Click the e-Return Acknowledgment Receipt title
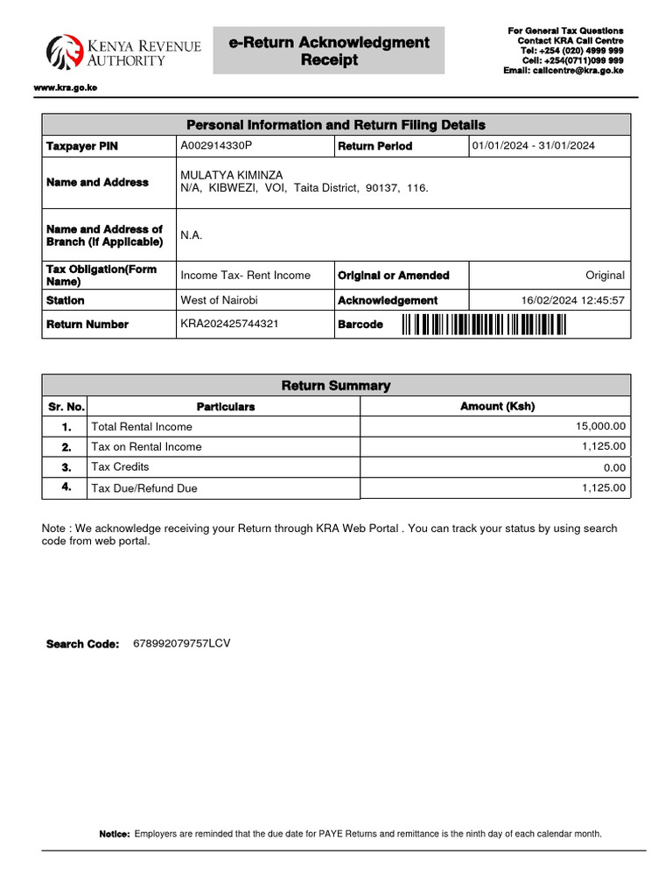click(329, 51)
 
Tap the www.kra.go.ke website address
click(65, 88)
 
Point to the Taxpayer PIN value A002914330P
click(215, 145)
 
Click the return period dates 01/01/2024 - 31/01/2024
click(533, 145)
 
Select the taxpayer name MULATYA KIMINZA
click(231, 175)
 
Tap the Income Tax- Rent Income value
click(245, 275)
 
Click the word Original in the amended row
click(605, 275)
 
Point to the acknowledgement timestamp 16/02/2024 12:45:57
click(572, 300)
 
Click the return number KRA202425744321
click(229, 324)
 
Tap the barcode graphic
click(484, 325)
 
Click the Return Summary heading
click(336, 385)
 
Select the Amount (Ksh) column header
click(497, 406)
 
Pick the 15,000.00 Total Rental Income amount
click(600, 426)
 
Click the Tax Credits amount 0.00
click(614, 468)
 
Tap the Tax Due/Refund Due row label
click(144, 488)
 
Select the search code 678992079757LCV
click(181, 643)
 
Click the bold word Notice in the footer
click(115, 834)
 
